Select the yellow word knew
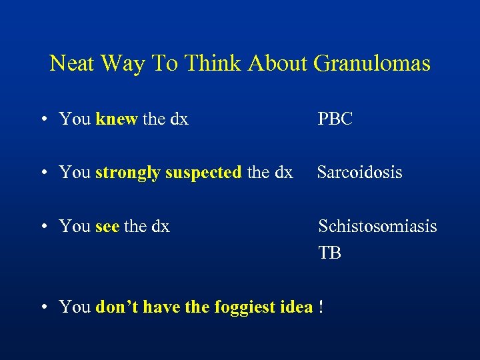(x=117, y=119)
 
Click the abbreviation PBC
(x=335, y=119)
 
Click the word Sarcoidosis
(x=359, y=173)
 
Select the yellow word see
(x=107, y=227)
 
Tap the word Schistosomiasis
(x=377, y=227)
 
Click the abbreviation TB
(x=329, y=253)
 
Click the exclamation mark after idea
(x=321, y=307)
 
